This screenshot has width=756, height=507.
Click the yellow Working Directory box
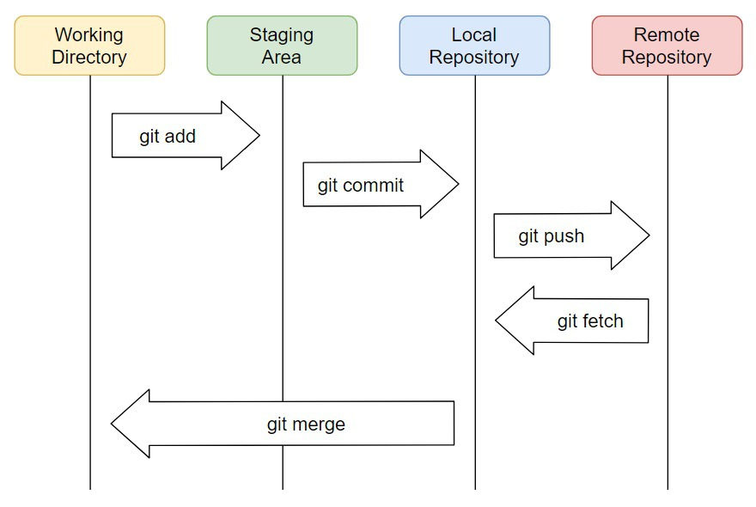click(89, 46)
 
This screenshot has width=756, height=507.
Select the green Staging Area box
click(282, 46)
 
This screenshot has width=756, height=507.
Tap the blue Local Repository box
click(474, 46)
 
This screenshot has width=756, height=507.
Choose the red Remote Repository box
click(667, 46)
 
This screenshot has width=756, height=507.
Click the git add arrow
click(185, 135)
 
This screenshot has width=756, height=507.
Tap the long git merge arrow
click(283, 424)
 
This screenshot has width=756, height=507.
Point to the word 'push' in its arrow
click(564, 236)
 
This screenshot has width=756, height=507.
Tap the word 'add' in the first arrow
click(180, 136)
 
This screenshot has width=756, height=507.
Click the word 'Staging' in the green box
click(282, 35)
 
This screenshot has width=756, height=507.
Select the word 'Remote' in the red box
click(667, 35)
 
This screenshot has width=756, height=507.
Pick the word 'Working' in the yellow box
click(89, 35)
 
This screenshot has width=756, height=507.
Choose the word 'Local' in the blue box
click(474, 35)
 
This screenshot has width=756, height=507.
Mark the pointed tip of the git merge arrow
click(113, 424)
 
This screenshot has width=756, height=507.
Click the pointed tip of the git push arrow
click(648, 235)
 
